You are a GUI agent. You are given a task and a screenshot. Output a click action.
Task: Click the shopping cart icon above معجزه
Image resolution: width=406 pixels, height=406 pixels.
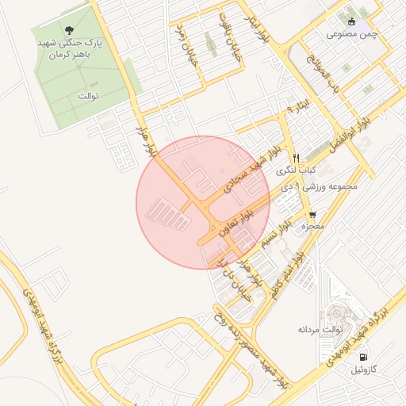[x=313, y=214]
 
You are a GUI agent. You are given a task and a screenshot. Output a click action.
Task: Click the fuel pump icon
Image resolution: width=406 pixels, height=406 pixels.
[x=363, y=357]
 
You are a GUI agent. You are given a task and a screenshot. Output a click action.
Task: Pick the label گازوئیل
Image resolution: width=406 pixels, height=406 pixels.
[x=353, y=370]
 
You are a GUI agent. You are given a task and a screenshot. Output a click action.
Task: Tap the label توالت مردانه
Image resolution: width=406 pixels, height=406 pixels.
[x=320, y=328]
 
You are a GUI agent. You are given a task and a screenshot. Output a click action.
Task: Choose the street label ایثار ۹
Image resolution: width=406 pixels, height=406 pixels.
[x=299, y=105]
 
